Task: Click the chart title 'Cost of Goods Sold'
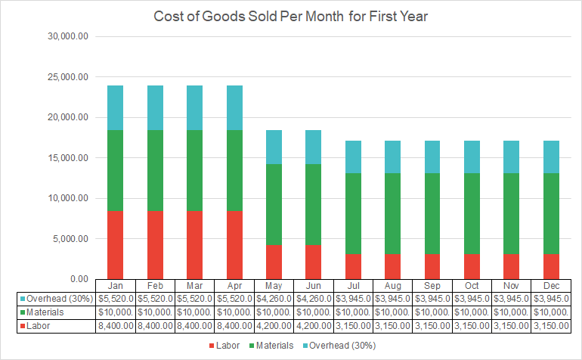pos(292,16)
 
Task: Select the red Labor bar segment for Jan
pos(115,245)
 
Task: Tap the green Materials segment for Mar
pos(195,170)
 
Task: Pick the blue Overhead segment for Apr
pos(234,107)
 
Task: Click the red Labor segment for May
pos(274,262)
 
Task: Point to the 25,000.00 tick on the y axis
pos(68,77)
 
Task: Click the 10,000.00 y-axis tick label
pos(68,198)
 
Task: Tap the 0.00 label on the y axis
pos(78,279)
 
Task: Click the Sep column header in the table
pos(432,286)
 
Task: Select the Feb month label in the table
pos(156,286)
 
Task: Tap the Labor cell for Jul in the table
pos(353,326)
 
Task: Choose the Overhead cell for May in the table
pos(274,299)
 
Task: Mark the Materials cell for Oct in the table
pos(471,312)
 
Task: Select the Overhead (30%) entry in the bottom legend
pos(345,345)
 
